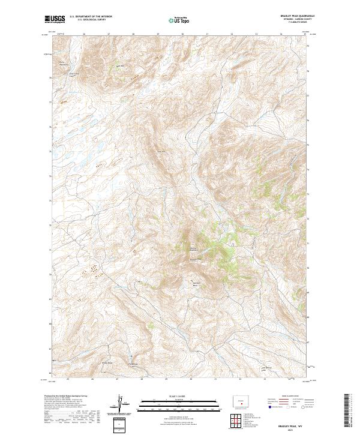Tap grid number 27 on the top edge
coord(108,34)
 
